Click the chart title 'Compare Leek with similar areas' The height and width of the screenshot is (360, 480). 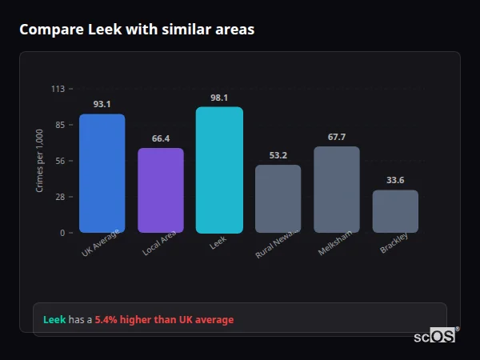pos(137,30)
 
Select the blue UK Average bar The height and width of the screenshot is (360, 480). pos(102,174)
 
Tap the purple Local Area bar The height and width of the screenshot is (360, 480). pos(161,190)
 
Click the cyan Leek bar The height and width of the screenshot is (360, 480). pos(219,170)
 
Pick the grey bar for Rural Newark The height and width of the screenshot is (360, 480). pos(278,198)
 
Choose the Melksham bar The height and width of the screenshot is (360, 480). pos(337,190)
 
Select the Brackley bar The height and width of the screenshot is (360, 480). pos(395,211)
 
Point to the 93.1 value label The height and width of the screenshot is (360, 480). pos(102,104)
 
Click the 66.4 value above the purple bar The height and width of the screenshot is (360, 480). pos(161,138)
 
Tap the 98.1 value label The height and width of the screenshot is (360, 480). pos(219,98)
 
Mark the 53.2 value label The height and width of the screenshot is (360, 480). pos(278,155)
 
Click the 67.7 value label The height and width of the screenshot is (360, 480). pos(337,137)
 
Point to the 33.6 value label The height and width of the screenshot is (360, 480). pos(395,180)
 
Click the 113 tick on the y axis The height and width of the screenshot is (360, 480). pos(58,89)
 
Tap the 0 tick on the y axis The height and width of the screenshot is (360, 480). pos(62,233)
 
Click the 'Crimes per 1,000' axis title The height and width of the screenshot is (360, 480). pos(40,161)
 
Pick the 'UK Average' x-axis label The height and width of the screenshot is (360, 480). pos(101,243)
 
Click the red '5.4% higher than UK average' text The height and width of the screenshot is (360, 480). pos(164,320)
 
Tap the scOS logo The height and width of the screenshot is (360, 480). pos(435,336)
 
